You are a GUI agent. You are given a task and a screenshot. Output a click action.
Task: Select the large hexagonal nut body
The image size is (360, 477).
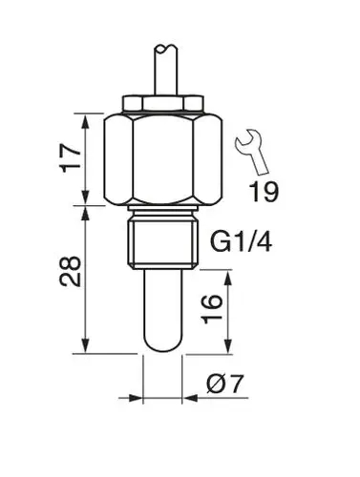(x=166, y=157)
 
